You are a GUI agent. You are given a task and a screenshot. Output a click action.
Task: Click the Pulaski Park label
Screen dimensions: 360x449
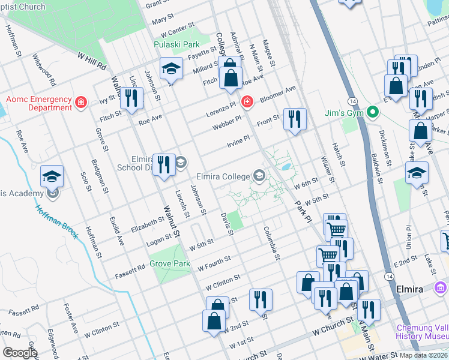(x=176, y=44)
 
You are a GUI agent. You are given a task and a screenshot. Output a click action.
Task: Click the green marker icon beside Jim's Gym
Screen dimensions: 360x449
(x=372, y=112)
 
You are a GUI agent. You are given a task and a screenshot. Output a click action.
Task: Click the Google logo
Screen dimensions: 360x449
(x=20, y=353)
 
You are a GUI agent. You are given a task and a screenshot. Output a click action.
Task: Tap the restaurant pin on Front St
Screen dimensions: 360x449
(x=294, y=118)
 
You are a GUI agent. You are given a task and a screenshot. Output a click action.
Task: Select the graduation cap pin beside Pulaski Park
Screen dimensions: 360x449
(x=171, y=69)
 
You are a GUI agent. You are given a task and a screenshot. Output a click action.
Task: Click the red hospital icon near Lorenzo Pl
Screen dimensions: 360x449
(x=246, y=103)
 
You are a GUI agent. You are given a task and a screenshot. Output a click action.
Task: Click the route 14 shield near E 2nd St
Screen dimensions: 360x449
(x=390, y=275)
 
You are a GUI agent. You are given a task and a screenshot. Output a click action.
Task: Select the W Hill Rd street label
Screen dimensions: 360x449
(x=92, y=59)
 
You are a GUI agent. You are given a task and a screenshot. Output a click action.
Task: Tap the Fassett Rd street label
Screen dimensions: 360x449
(x=130, y=272)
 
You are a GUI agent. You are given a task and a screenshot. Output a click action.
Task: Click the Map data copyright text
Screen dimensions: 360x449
(x=423, y=355)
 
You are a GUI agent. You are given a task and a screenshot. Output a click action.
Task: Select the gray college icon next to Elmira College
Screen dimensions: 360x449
(x=259, y=176)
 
